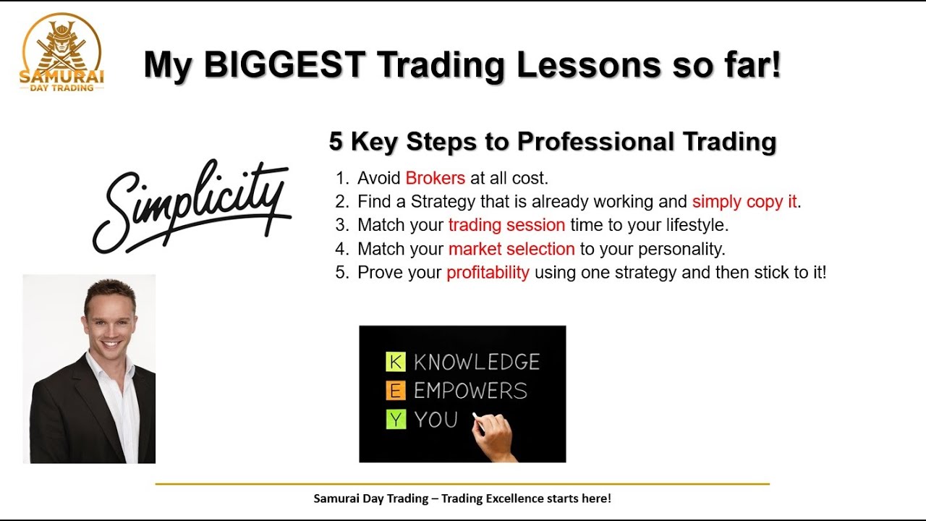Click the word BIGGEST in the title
(x=284, y=65)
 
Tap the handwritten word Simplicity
(x=192, y=203)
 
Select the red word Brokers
(x=435, y=178)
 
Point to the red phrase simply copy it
(x=744, y=202)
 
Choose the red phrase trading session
(x=506, y=225)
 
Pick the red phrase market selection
(x=511, y=249)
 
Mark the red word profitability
(x=488, y=273)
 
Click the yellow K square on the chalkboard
(x=396, y=362)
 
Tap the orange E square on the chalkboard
(x=396, y=391)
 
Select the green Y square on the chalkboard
(x=396, y=420)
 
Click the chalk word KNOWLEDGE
(x=477, y=362)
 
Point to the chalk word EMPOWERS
(x=470, y=391)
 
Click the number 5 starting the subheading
(x=336, y=142)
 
